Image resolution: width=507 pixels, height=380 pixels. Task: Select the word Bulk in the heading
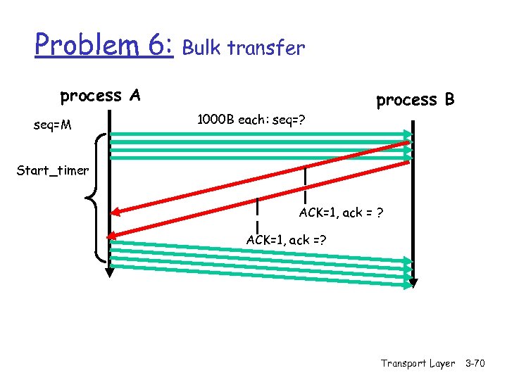pos(202,48)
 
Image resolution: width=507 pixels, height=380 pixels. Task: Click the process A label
pos(100,96)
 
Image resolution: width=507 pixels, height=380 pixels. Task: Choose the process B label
pos(415,100)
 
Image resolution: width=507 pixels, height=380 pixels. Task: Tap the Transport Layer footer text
pos(418,363)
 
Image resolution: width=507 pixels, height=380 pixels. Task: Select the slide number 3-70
pos(480,363)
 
